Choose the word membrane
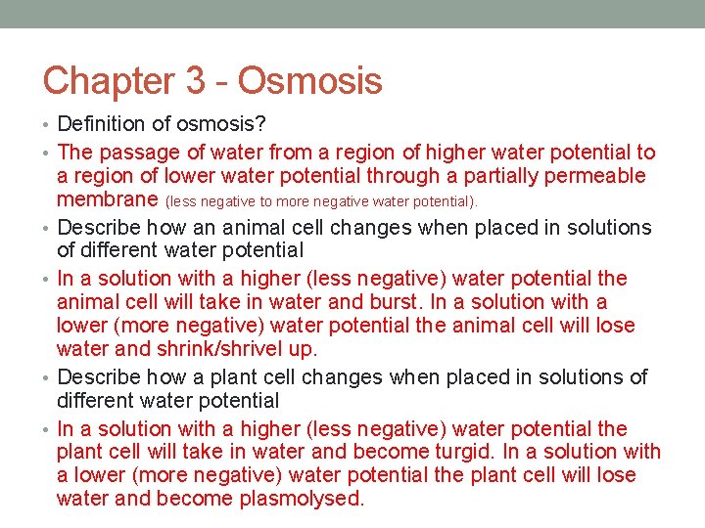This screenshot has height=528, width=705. [108, 200]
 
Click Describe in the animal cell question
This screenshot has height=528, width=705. [99, 228]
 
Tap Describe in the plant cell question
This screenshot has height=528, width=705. [99, 377]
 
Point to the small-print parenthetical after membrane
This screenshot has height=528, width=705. [322, 201]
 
